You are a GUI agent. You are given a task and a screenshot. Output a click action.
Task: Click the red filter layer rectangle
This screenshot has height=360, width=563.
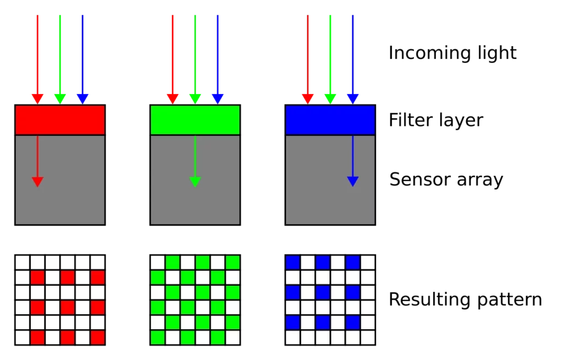click(60, 120)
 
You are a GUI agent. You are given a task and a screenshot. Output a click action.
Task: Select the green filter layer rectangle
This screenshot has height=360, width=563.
click(195, 120)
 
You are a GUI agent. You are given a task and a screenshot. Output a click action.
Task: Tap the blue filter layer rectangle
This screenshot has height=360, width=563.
click(330, 120)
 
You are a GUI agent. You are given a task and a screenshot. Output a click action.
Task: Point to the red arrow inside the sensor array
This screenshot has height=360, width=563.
click(38, 161)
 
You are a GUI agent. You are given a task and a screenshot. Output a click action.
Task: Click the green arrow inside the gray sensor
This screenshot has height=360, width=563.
click(195, 161)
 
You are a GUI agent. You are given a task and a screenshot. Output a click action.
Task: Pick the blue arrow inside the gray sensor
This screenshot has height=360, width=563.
click(352, 161)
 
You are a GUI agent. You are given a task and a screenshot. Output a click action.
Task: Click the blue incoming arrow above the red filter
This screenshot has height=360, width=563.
click(82, 59)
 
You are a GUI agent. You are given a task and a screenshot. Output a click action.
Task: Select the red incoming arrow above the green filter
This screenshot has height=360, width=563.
click(173, 59)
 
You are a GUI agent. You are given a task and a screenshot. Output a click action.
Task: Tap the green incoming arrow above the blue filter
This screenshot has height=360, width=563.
click(330, 59)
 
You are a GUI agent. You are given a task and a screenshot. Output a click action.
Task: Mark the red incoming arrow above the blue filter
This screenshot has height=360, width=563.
click(308, 59)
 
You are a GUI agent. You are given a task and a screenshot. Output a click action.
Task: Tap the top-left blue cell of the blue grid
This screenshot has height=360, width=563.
click(292, 262)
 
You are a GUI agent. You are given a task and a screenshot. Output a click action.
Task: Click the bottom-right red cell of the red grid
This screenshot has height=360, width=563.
click(98, 338)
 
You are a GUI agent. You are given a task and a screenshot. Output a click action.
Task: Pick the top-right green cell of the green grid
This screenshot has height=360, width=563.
click(233, 262)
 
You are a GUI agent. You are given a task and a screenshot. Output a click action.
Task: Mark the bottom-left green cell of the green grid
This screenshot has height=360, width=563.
click(158, 338)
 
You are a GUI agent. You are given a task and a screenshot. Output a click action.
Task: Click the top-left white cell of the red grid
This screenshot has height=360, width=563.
click(22, 262)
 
